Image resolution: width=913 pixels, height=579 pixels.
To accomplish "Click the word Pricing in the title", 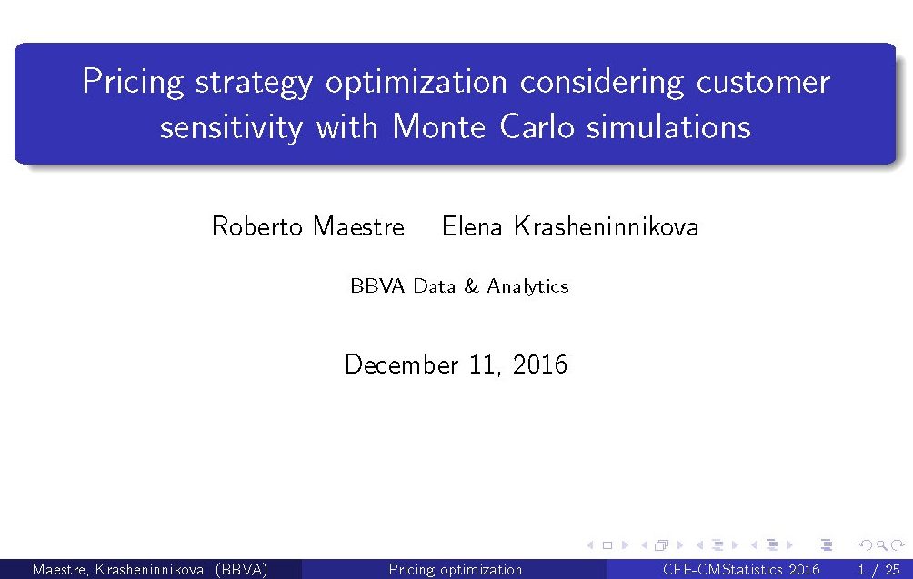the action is click(x=133, y=82).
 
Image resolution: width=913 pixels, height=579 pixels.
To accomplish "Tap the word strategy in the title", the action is click(x=254, y=84).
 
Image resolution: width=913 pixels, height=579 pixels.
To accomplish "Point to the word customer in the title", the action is click(x=763, y=82).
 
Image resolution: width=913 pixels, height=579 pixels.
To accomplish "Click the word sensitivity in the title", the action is click(x=231, y=127).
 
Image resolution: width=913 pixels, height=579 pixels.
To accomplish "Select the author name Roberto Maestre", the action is click(x=308, y=225).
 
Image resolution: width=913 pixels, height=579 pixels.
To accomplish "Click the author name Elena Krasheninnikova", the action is click(x=570, y=225).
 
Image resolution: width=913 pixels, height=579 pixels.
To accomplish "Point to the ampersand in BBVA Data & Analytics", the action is click(x=471, y=286).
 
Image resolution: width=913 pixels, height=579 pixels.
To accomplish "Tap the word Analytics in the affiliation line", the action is click(x=527, y=287).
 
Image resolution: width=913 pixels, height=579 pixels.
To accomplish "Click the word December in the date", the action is click(x=402, y=364).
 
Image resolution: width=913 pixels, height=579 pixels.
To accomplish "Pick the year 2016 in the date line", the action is click(x=540, y=364).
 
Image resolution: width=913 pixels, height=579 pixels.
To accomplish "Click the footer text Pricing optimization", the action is click(x=456, y=569).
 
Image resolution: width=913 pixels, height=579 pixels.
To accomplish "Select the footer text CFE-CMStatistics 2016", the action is click(x=741, y=569).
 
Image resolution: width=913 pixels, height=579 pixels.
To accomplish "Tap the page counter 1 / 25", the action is click(x=878, y=569).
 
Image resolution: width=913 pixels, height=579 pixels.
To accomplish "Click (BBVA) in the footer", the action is click(x=241, y=569).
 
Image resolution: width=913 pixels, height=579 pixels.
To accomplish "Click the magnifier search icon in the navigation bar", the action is click(x=882, y=545).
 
